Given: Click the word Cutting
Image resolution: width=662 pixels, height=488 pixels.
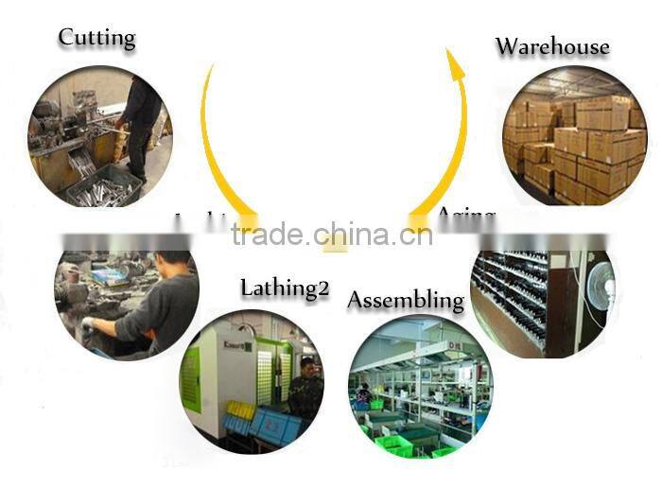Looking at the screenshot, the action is (96, 38).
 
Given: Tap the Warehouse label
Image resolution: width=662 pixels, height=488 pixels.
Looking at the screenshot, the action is (552, 46).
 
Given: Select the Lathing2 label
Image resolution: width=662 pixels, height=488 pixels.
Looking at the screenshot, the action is (285, 288).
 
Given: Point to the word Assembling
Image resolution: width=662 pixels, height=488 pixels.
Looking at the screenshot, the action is (406, 301).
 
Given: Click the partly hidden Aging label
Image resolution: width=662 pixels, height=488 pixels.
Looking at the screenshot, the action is (466, 216).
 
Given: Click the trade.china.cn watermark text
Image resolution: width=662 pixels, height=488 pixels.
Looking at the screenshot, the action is (331, 234).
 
